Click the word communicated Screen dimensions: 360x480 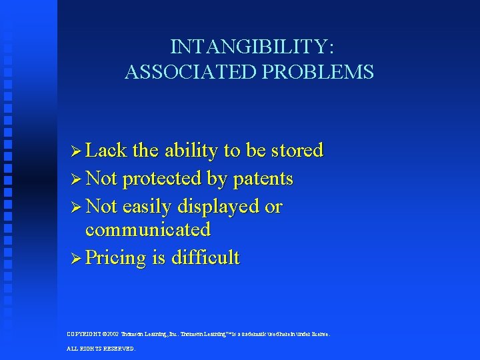(147, 230)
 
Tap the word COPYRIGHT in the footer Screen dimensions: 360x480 (83, 334)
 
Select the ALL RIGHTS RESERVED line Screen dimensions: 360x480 (101, 349)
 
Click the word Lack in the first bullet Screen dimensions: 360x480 (106, 151)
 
